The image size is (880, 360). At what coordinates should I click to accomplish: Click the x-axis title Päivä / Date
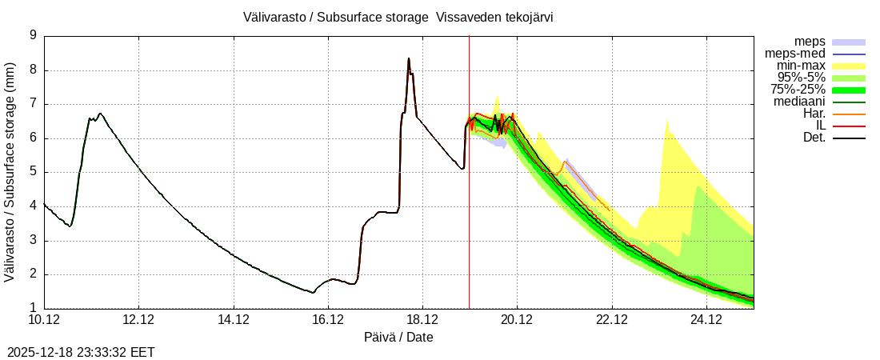[x=398, y=338]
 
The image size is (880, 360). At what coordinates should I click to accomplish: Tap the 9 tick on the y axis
[x=33, y=35]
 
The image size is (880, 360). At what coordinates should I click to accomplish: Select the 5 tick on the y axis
[x=33, y=172]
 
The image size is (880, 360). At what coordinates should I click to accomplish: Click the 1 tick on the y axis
[x=33, y=309]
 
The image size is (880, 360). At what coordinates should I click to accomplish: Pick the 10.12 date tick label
[x=44, y=320]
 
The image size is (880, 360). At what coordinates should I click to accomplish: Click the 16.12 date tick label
[x=328, y=320]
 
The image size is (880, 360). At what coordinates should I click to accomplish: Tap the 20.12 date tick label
[x=517, y=320]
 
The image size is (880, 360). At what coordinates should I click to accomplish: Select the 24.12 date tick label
[x=706, y=320]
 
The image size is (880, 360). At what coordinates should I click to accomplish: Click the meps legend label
[x=810, y=42]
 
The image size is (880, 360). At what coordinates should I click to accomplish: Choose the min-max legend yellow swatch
[x=849, y=66]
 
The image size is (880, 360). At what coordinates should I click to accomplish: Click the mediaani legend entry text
[x=799, y=102]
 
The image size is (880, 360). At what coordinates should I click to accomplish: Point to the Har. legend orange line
[x=849, y=114]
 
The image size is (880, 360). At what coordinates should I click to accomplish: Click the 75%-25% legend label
[x=798, y=90]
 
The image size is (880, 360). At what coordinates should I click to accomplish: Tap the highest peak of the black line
[x=409, y=58]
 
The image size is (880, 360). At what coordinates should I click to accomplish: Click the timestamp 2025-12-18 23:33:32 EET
[x=81, y=352]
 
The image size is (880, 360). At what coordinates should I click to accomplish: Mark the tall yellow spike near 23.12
[x=666, y=122]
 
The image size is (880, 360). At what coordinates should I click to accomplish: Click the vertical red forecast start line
[x=469, y=200]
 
